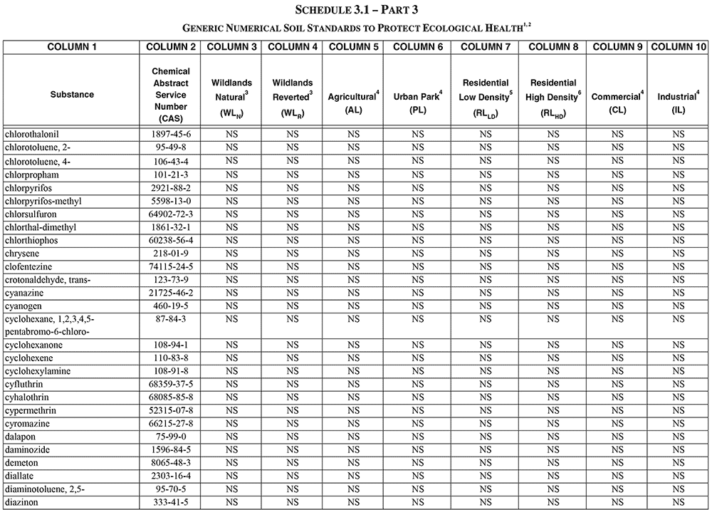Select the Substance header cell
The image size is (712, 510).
coord(72,95)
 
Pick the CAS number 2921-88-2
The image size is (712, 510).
coord(171,187)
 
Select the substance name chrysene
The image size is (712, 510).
coord(22,254)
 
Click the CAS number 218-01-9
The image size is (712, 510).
coord(171,254)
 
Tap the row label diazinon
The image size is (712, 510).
coord(22,502)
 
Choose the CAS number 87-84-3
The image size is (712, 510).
coord(171,320)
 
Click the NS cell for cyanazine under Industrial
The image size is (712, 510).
coord(679,293)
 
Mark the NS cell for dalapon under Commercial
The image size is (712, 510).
coord(617,436)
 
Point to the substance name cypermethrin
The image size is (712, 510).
coord(31,410)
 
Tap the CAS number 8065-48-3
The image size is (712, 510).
coord(171,462)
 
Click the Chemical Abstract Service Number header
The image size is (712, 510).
coord(171,95)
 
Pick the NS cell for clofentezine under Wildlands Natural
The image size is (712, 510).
coord(231,266)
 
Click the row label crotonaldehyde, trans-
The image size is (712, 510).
coord(47,280)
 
